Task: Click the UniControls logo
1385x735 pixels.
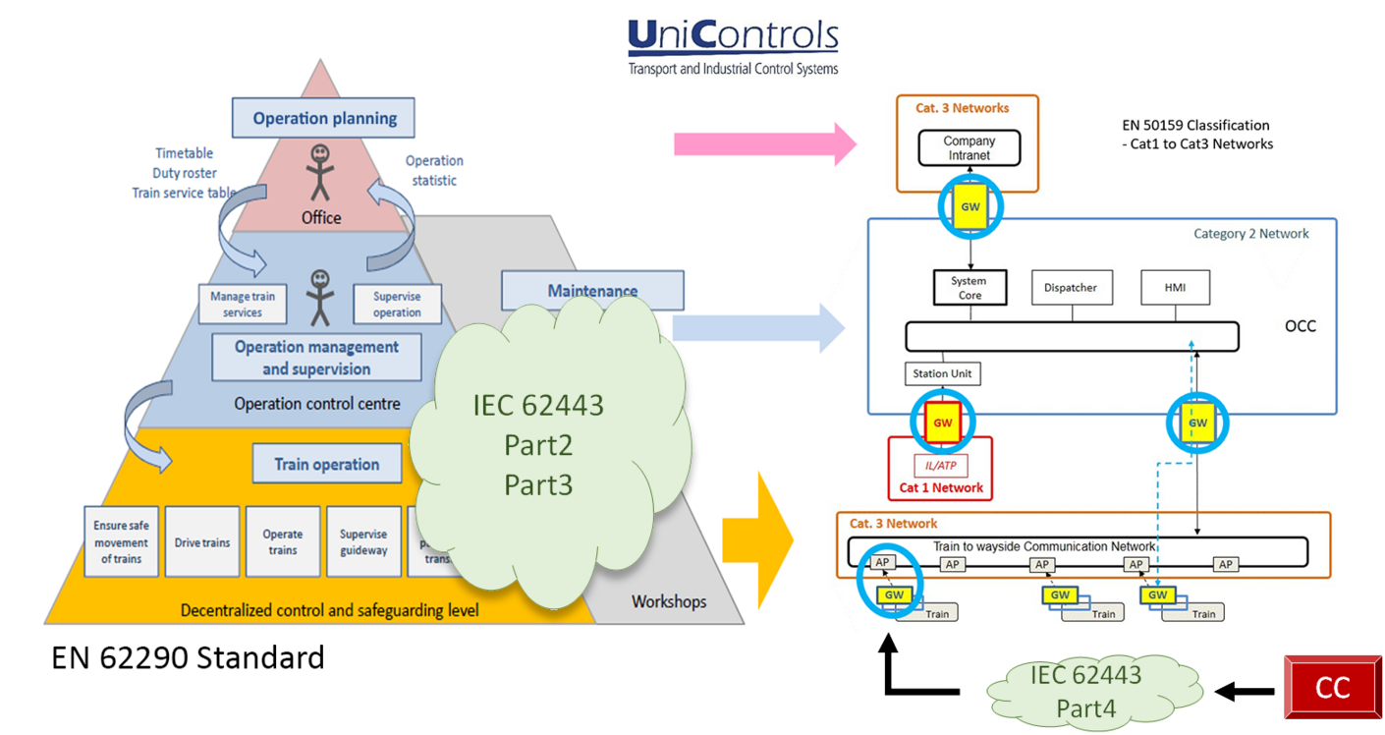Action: [x=733, y=46]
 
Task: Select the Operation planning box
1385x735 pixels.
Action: [x=324, y=118]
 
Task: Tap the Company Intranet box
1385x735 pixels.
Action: [x=969, y=148]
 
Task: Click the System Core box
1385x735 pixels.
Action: [x=969, y=288]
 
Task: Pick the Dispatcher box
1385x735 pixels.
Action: [x=1071, y=288]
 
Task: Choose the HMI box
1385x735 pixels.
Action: [x=1175, y=288]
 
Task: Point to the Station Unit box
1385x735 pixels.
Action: [x=942, y=373]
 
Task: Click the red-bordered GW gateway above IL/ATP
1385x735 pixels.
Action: [x=943, y=423]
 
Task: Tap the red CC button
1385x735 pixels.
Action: [x=1332, y=688]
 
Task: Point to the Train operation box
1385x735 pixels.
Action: [x=326, y=464]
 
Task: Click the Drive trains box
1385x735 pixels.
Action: [x=201, y=542]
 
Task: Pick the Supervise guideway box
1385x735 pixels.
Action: [x=363, y=542]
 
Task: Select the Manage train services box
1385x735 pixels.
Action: [x=243, y=305]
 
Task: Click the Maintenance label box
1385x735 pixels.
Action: [x=592, y=291]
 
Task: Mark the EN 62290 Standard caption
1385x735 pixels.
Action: [x=188, y=656]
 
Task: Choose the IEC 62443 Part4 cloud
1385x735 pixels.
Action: [x=1085, y=690]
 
